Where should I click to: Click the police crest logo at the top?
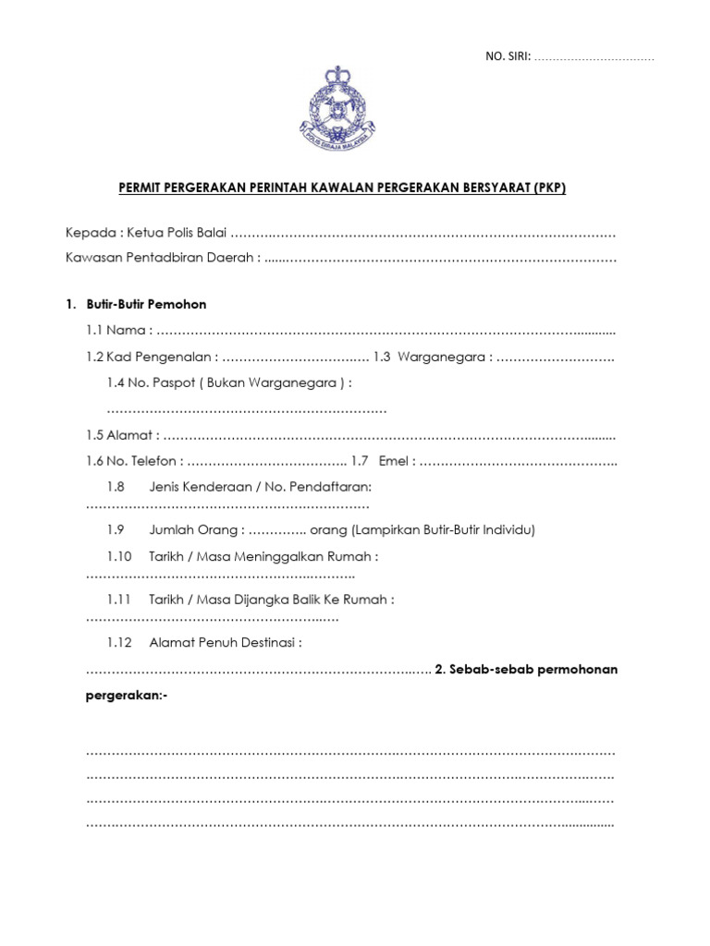(x=337, y=110)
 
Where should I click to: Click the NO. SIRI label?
(x=508, y=57)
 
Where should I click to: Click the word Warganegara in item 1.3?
(x=445, y=357)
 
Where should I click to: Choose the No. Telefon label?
(x=133, y=461)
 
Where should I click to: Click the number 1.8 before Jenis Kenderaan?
(x=116, y=486)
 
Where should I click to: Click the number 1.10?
(x=120, y=556)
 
